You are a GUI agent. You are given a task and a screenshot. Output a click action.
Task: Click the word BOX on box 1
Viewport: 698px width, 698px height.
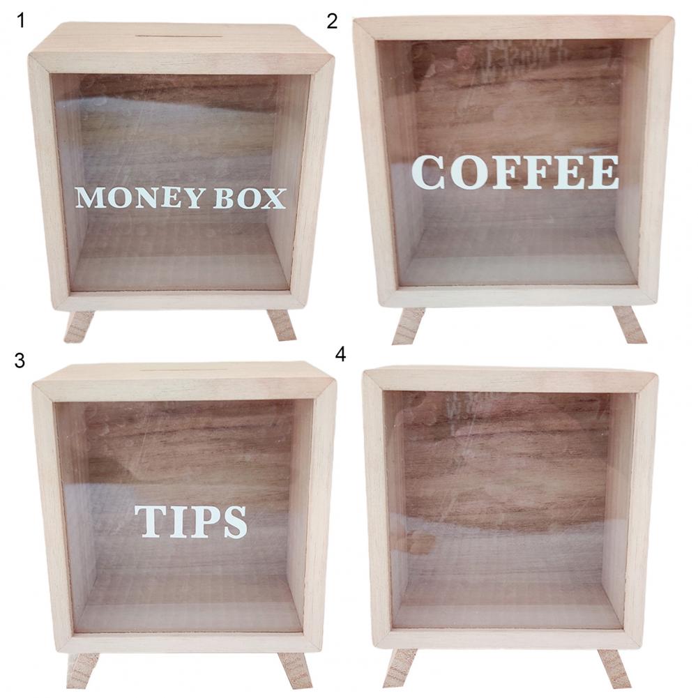(x=250, y=199)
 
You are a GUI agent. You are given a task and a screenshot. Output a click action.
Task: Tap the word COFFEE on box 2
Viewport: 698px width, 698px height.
(x=515, y=172)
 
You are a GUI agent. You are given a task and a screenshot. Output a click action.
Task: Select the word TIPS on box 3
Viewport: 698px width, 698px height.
(x=191, y=522)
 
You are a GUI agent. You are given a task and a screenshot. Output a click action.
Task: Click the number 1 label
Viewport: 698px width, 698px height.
(x=20, y=20)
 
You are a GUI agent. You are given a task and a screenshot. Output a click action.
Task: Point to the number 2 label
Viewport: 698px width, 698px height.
(x=332, y=21)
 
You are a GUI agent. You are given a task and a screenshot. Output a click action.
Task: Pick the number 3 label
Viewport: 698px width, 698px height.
(x=20, y=361)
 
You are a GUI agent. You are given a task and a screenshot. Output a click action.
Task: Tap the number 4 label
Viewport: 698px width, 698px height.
(x=340, y=355)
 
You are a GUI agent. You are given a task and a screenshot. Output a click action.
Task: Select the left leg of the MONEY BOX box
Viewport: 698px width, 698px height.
(x=79, y=326)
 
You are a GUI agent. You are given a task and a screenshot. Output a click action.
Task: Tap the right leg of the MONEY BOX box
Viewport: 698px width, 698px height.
(x=281, y=325)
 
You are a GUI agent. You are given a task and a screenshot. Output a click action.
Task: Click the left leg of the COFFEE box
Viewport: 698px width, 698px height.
(x=408, y=326)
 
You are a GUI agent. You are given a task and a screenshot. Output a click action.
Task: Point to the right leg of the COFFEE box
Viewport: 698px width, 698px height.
(x=630, y=324)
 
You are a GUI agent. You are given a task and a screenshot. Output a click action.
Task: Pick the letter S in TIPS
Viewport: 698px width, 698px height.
(x=232, y=522)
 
